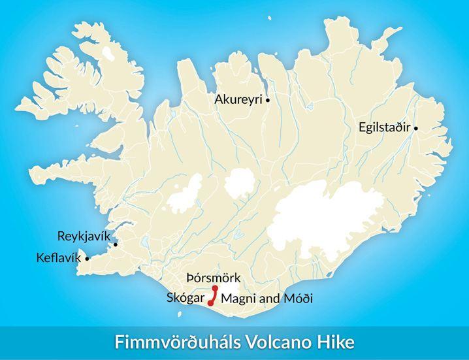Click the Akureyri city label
pos(239,99)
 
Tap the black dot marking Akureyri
pos(268,100)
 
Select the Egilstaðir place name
pos(385,128)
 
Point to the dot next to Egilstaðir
pos(416,129)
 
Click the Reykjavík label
pos(84,235)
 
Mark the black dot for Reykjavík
pos(116,245)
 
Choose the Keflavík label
pos(59,257)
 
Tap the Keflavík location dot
pos(87,258)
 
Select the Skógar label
pos(186,299)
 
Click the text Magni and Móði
pos(267,299)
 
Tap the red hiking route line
pos(213,296)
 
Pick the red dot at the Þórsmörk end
pos(215,288)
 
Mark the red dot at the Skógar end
pos(210,303)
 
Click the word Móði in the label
pos(298,299)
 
